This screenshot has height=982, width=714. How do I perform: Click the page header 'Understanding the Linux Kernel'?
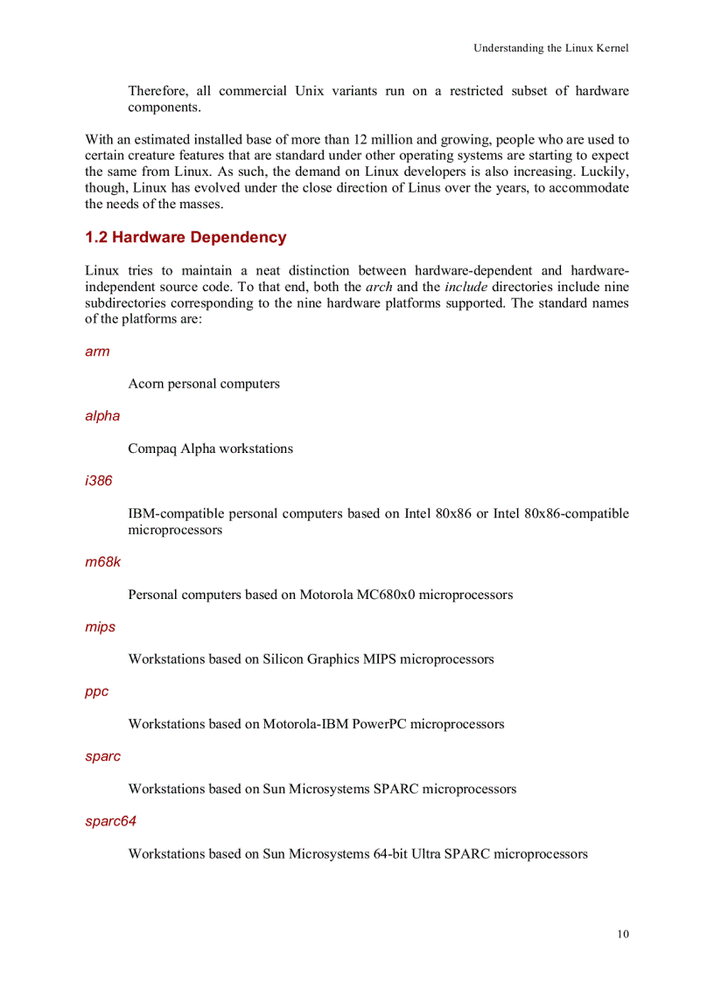click(x=550, y=48)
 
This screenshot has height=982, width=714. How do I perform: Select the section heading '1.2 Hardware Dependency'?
click(x=185, y=238)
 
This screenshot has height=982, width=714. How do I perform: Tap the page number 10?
click(x=622, y=934)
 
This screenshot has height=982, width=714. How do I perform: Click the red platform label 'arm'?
click(x=97, y=352)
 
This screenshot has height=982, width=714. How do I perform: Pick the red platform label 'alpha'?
click(x=102, y=416)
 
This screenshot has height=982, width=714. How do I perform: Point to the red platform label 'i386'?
click(x=99, y=481)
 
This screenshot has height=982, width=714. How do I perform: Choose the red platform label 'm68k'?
click(x=102, y=562)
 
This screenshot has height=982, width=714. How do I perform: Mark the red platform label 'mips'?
click(x=100, y=627)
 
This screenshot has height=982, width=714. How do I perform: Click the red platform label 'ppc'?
click(x=97, y=692)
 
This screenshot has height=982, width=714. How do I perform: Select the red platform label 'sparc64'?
click(x=110, y=821)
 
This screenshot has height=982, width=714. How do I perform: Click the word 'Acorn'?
click(x=146, y=384)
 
